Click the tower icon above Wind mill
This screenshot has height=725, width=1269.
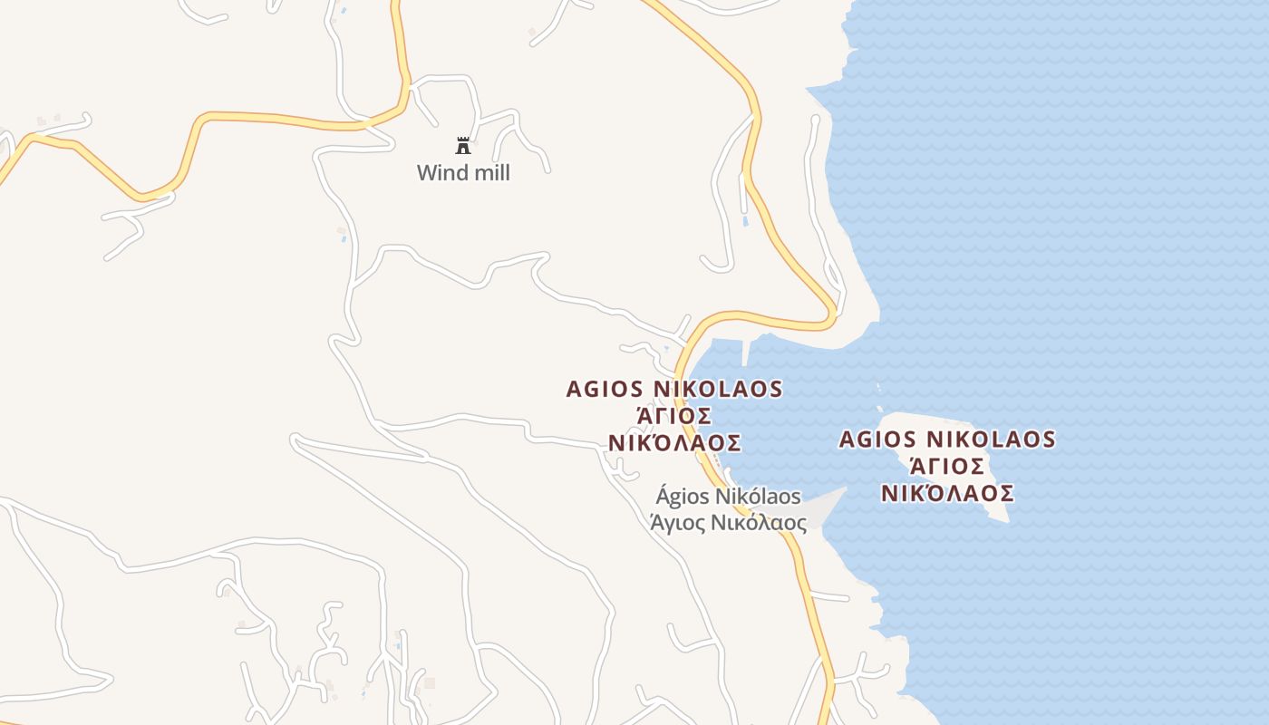[x=463, y=145]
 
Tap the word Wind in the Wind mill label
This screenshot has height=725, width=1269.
[x=440, y=172]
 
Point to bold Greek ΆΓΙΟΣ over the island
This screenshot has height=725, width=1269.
[x=947, y=467]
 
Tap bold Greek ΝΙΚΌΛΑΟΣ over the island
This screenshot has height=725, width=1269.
[x=947, y=494]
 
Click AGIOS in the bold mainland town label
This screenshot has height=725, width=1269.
[x=604, y=389]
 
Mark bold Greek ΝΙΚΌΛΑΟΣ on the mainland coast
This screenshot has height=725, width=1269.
[x=674, y=443]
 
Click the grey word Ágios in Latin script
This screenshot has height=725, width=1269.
[x=683, y=497]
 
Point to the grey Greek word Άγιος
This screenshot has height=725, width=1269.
[x=678, y=523]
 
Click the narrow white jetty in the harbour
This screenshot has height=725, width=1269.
[x=746, y=351]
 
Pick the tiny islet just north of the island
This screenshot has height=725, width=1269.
[x=878, y=387]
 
